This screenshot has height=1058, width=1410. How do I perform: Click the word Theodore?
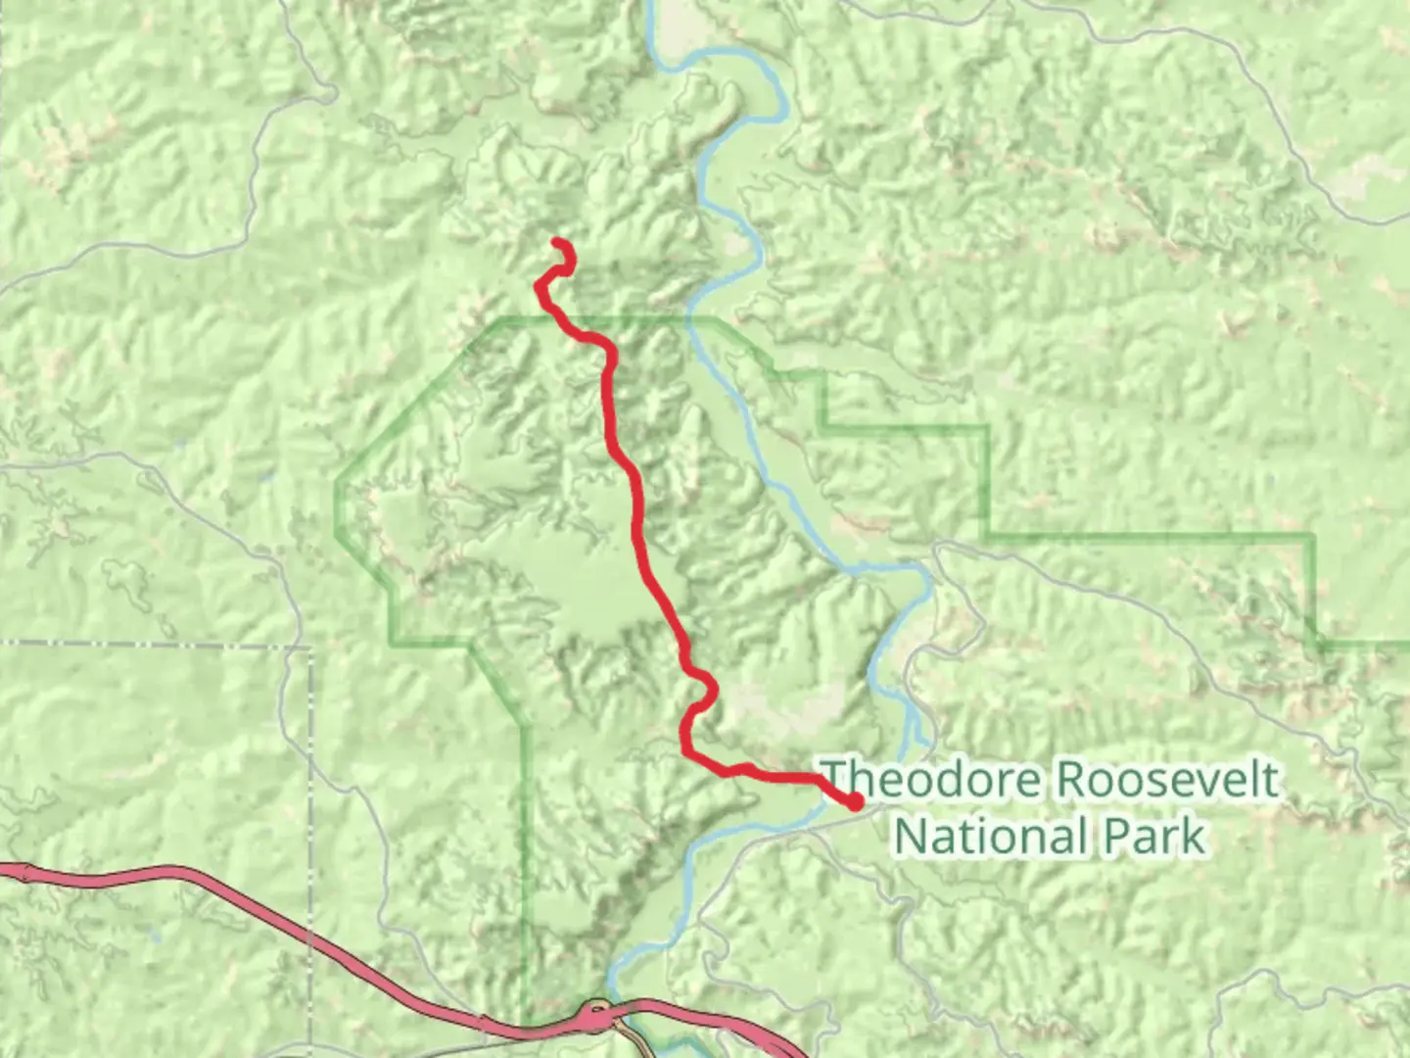pyautogui.click(x=930, y=781)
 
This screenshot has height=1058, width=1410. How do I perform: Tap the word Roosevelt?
pyautogui.click(x=1165, y=781)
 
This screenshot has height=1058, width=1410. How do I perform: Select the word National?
pyautogui.click(x=991, y=838)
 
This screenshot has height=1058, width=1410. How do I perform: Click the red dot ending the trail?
pyautogui.click(x=855, y=802)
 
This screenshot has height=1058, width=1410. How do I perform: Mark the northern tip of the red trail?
pyautogui.click(x=556, y=241)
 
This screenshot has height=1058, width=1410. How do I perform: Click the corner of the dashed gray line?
pyautogui.click(x=310, y=647)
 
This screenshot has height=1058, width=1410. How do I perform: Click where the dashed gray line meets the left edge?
pyautogui.click(x=2, y=644)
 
